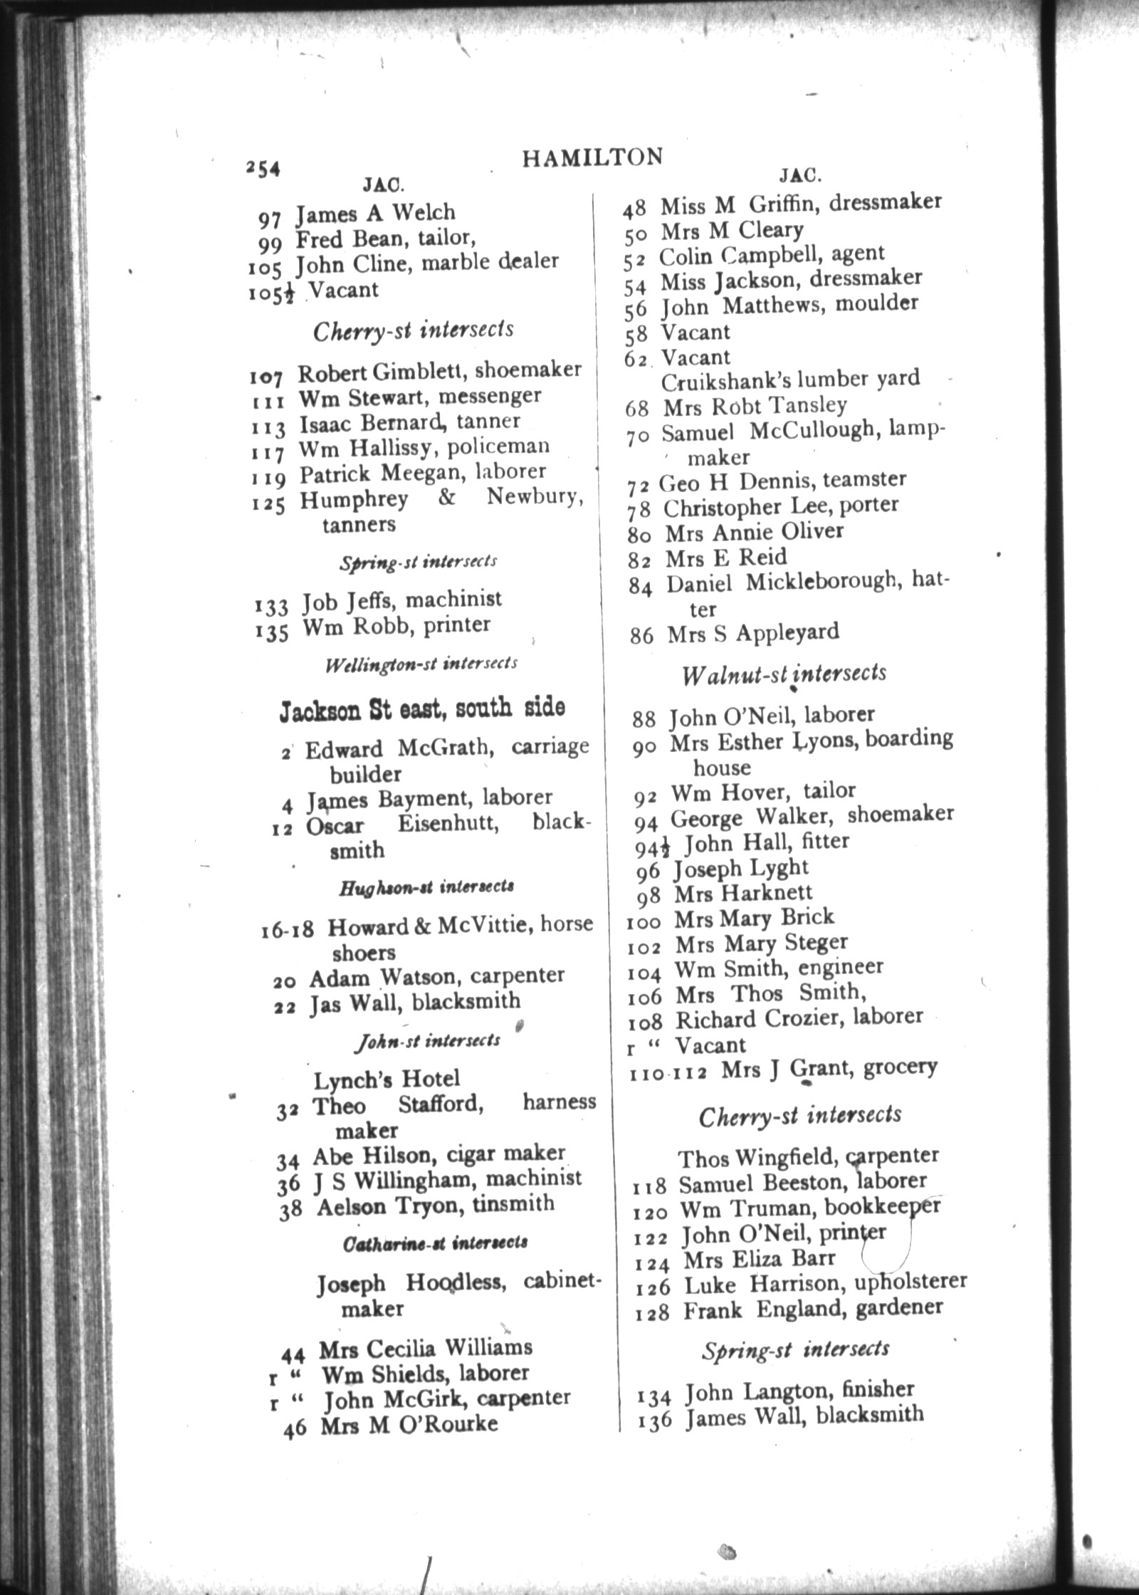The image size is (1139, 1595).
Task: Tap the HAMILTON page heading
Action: coord(592,157)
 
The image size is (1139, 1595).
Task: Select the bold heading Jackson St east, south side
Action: coord(422,708)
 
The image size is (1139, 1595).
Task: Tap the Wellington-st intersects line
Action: coord(421,664)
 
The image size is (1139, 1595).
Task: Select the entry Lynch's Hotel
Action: coord(387,1079)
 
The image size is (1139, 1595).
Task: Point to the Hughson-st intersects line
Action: coord(426,888)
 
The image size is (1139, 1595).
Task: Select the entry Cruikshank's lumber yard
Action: coord(790,380)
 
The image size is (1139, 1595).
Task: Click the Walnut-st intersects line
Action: coord(783,674)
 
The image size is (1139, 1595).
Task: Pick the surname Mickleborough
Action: coord(819,583)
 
